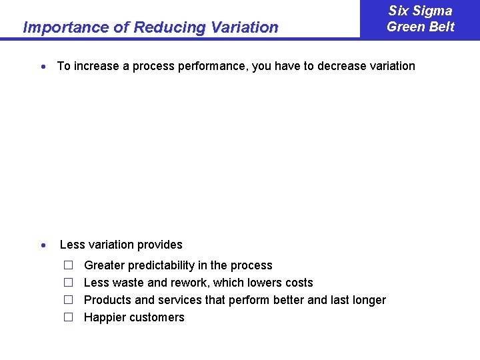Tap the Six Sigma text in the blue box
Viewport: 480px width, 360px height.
click(420, 11)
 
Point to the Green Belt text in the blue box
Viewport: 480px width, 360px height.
click(420, 27)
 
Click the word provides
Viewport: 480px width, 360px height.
click(160, 245)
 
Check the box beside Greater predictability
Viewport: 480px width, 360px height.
click(67, 265)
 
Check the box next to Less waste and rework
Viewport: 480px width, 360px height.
click(67, 283)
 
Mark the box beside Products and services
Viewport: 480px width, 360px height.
click(67, 300)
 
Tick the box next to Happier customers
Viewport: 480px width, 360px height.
click(67, 317)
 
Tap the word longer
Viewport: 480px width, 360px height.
click(369, 300)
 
